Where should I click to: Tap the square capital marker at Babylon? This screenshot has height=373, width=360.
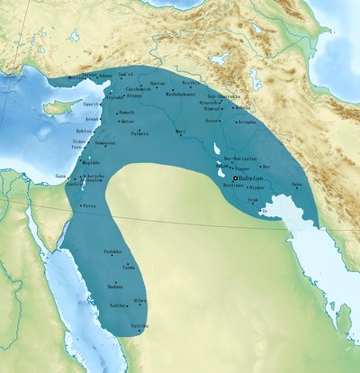pos(236,179)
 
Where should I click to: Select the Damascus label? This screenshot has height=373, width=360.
pos(105,143)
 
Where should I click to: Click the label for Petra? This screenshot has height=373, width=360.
pos(89,206)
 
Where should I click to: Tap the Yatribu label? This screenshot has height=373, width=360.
pos(139,324)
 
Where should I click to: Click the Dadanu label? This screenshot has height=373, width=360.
pos(114,286)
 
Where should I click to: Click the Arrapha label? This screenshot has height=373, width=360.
pos(247,120)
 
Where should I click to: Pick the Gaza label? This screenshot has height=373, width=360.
pos(60,177)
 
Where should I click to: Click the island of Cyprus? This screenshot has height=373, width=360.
pos(58,107)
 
